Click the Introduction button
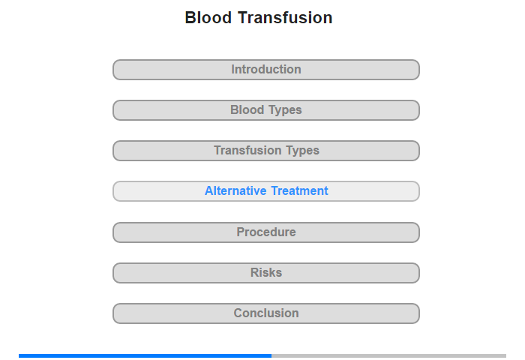pos(266,70)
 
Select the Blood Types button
pos(266,110)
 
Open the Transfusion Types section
pos(266,151)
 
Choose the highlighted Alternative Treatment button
pos(266,191)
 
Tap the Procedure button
pos(266,232)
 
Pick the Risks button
pos(266,273)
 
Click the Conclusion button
pos(266,313)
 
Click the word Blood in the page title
pos(208,17)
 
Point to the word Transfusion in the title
pos(285,17)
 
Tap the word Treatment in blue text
pos(300,191)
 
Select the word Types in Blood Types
pos(285,110)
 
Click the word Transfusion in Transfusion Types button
pos(247,150)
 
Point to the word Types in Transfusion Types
pos(303,151)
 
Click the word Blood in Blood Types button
pos(247,109)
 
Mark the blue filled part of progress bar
pos(145,356)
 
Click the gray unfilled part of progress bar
pos(388,356)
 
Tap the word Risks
pos(266,272)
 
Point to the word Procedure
pos(266,232)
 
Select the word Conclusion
pos(266,313)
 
